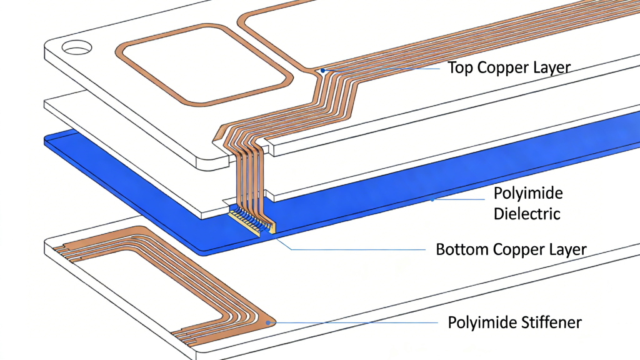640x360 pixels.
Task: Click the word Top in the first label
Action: (x=461, y=67)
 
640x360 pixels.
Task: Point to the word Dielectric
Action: (x=527, y=213)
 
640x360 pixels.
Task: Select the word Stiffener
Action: (x=550, y=322)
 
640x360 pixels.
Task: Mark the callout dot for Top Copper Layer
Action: (x=322, y=71)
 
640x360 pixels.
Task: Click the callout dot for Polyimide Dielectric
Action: (x=432, y=200)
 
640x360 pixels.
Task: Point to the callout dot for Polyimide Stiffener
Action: (x=269, y=322)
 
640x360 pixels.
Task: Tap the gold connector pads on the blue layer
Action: (x=250, y=221)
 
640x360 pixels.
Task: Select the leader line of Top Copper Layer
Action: (x=381, y=68)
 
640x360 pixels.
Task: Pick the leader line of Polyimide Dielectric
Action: (x=459, y=200)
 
